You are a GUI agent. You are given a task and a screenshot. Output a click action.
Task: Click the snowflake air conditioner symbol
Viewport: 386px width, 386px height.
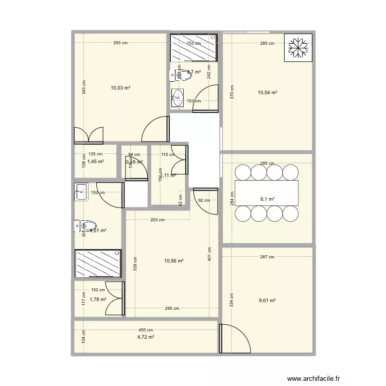coord(298,48)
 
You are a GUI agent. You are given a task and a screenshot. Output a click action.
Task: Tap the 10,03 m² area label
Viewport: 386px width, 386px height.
coord(120,88)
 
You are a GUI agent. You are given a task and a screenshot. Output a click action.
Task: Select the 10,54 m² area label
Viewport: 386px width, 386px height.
coord(267,93)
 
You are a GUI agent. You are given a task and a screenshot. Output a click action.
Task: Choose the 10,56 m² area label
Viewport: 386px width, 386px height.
coord(174,260)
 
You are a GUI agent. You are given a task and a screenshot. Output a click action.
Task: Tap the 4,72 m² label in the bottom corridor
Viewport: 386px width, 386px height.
coord(146,337)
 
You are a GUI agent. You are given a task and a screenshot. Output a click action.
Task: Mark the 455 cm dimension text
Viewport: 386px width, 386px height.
coord(146,330)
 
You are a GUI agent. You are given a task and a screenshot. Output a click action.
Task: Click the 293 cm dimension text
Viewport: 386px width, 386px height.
coord(120,43)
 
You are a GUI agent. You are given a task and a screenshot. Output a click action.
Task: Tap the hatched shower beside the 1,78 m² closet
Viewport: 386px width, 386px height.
coord(98,264)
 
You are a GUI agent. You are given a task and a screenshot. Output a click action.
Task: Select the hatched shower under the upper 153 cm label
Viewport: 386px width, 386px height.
coord(194,48)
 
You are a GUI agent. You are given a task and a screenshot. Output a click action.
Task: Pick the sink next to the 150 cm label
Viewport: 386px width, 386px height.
coord(81,191)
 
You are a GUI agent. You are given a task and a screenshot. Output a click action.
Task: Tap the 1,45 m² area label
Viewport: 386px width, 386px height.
coord(96,161)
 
